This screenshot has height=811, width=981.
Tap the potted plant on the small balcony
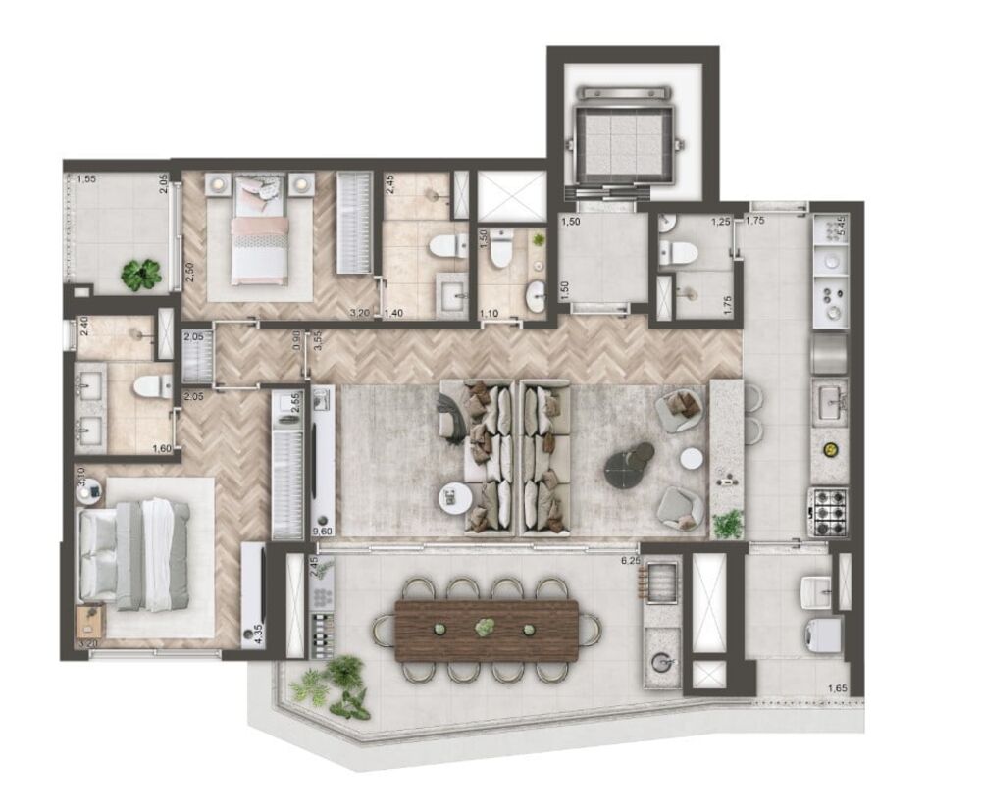(x=141, y=274)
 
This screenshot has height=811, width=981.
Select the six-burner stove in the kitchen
(x=827, y=509)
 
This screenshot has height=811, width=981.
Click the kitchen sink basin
(x=830, y=400)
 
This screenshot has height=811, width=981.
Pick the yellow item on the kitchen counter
(x=830, y=449)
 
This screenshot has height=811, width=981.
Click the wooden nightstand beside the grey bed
(x=92, y=620)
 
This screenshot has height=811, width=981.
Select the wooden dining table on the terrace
(x=487, y=628)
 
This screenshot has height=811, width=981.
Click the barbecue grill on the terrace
(x=659, y=579)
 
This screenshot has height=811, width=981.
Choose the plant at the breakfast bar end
(x=727, y=524)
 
